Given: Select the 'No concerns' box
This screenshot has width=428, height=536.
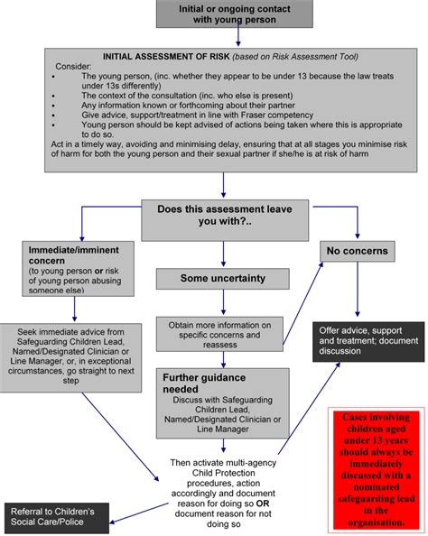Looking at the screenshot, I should coord(357,252).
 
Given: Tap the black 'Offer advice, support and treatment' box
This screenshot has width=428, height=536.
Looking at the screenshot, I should coord(368,341).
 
